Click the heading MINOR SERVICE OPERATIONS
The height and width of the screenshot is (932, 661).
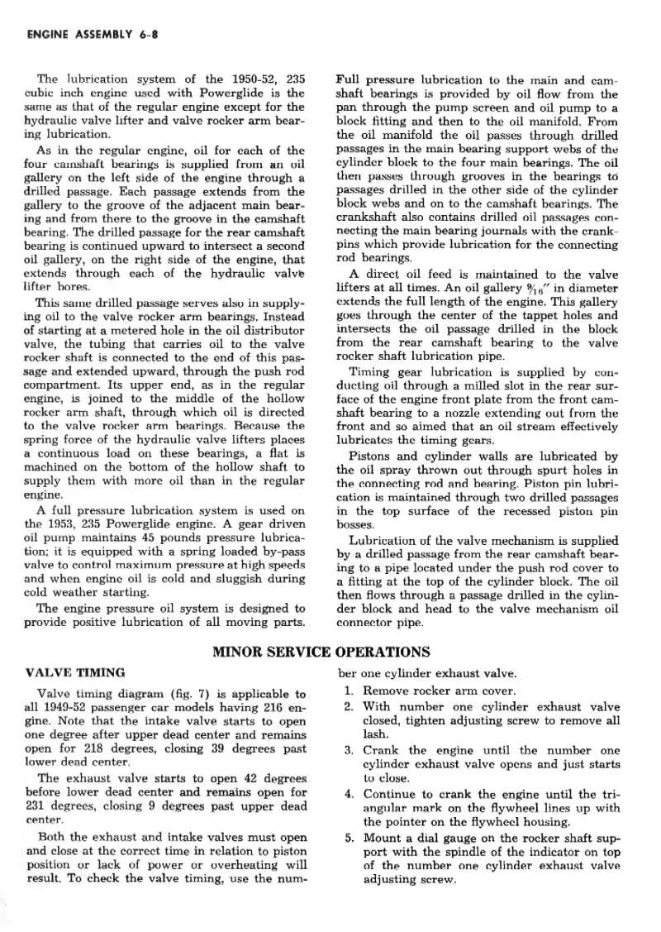pos(321,652)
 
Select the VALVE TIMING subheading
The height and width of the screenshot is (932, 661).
pos(76,672)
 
